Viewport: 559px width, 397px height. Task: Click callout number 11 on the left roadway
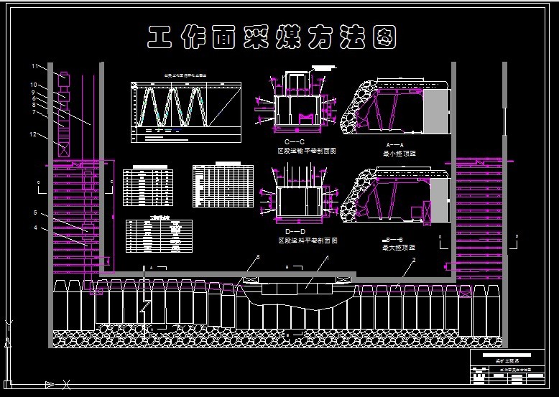[34, 66]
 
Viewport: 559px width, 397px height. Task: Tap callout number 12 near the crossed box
[34, 134]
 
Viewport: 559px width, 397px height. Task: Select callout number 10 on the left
[34, 85]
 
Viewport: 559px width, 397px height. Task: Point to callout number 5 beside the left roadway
[34, 212]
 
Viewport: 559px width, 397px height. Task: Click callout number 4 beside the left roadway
[34, 229]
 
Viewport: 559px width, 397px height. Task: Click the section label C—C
[295, 142]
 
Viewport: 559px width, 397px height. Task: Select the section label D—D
[295, 231]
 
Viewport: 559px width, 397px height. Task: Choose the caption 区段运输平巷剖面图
[308, 151]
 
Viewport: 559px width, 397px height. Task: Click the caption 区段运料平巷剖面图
[308, 240]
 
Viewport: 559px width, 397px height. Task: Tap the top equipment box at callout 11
[63, 76]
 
